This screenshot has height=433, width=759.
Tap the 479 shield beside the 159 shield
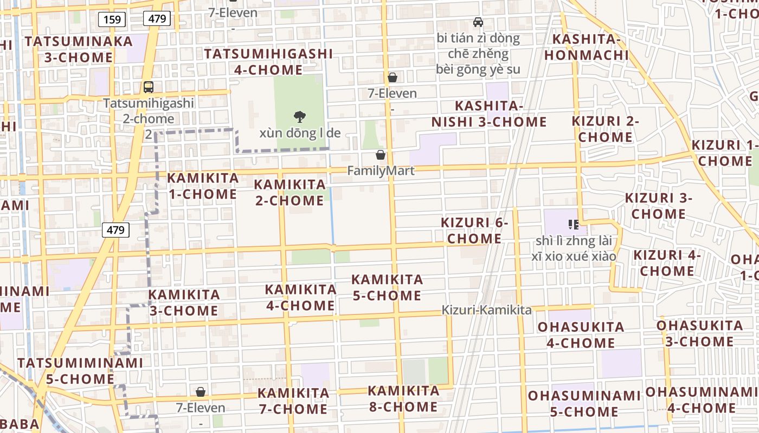157,19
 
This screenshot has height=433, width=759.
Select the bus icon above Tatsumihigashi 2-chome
148,87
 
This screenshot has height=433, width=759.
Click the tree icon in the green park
299,116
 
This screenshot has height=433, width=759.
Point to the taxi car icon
478,22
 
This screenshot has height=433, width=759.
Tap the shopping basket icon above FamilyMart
381,155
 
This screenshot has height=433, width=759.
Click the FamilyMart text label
381,171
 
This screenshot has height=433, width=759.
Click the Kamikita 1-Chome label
202,186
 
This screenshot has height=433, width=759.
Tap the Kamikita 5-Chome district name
387,287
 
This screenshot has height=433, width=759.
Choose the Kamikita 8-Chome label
403,398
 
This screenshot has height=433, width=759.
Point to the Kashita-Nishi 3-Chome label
489,114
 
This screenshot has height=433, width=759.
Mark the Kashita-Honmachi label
587,47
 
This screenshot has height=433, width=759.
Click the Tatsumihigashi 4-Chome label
268,62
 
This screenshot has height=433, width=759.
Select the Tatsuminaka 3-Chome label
71,49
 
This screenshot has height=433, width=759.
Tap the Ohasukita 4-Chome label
581,335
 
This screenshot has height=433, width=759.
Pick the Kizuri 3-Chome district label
658,206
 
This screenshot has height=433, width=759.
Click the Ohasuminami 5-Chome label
584,403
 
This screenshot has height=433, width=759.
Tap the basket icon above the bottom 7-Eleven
201,392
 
